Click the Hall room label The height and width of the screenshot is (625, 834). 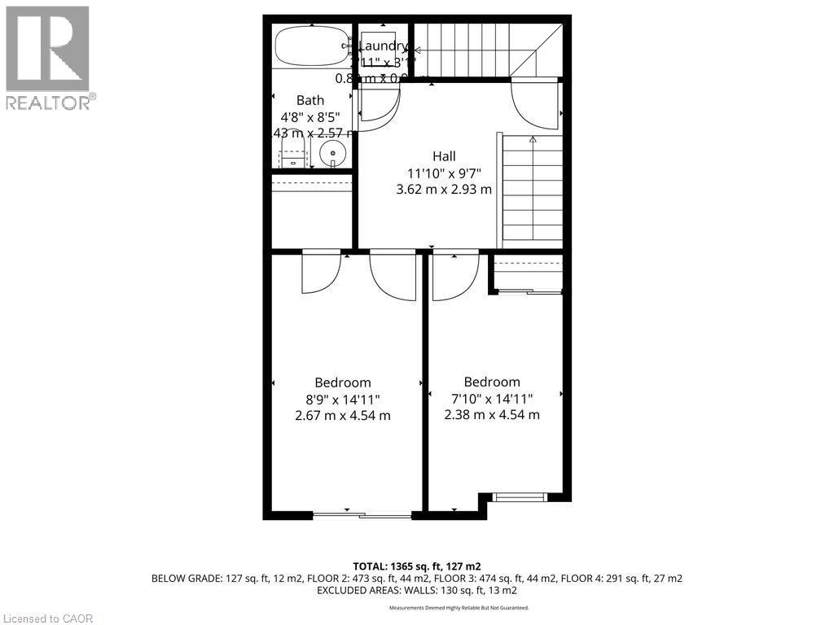[x=444, y=156]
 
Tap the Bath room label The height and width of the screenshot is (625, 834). [x=309, y=100]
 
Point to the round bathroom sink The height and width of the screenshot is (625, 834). [x=331, y=153]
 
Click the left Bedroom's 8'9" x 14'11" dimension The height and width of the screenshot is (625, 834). [x=342, y=399]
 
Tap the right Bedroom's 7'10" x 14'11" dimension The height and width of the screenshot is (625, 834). [x=491, y=398]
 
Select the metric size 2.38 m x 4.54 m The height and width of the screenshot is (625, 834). [x=491, y=414]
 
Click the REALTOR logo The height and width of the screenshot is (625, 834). [x=48, y=57]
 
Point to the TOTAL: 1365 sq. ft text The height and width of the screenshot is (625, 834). [x=416, y=566]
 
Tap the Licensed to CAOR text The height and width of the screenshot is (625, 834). [x=47, y=618]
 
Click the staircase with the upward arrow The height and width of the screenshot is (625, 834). [x=533, y=189]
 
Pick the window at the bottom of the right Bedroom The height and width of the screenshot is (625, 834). [x=520, y=496]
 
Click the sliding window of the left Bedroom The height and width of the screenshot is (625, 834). [x=362, y=514]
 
